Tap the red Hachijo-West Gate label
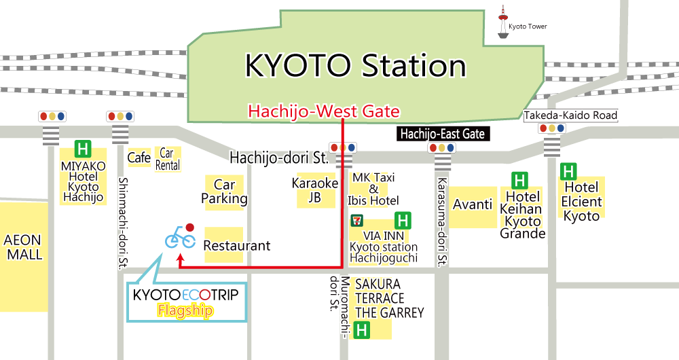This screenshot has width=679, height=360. coord(324,110)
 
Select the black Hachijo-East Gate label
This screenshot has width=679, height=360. coord(443,134)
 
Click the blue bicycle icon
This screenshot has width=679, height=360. coord(180,238)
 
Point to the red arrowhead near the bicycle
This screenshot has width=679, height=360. coord(180,257)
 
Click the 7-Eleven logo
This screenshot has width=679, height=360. coord(354,220)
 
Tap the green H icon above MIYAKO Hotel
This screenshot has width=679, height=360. coord(84,149)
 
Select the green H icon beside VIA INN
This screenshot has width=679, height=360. coord(403,220)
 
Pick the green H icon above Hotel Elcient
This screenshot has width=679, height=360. coord(569,171)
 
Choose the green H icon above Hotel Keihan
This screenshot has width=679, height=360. coord(520,180)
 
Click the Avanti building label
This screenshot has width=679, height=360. coord(473,204)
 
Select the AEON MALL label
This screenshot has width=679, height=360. coord(22,247)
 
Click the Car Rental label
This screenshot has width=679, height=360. coord(168,159)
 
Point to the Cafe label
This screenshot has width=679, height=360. coord(139,158)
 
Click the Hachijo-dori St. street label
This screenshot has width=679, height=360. coord(279,158)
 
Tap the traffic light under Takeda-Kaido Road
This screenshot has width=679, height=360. coord(551,128)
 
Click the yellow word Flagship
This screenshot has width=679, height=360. coord(185,310)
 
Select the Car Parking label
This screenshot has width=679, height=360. coord(225,192)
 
